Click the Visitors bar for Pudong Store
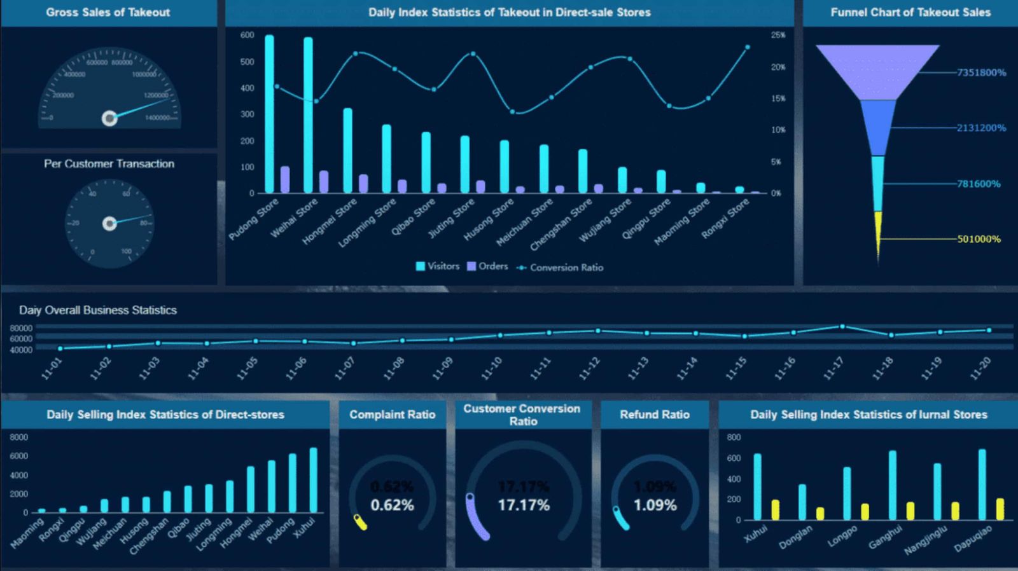[269, 114]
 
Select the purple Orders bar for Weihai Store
[324, 182]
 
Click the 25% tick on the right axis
[777, 36]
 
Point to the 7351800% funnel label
[981, 72]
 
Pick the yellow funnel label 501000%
[979, 239]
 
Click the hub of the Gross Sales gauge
[109, 118]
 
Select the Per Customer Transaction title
[109, 164]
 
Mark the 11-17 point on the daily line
[842, 327]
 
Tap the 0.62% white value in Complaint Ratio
[392, 506]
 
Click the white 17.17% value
[523, 506]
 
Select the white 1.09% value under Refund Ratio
[655, 506]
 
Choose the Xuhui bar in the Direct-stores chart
[313, 480]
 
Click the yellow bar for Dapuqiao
[1000, 509]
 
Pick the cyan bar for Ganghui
[892, 485]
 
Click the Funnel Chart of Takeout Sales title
[910, 12]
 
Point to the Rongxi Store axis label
[725, 219]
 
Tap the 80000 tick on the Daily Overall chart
[21, 328]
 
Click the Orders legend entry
[487, 266]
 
